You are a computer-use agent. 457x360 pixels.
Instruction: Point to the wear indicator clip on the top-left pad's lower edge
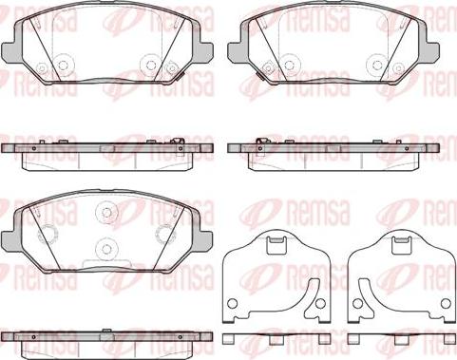click(x=180, y=76)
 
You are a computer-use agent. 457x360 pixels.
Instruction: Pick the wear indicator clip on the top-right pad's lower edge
click(x=261, y=76)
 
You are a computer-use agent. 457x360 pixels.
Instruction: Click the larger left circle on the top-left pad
click(x=63, y=65)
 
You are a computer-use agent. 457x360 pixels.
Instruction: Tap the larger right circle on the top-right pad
click(x=377, y=65)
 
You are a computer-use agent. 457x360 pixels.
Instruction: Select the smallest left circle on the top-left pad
click(x=42, y=67)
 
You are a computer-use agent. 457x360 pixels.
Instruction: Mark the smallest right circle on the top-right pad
click(x=398, y=67)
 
